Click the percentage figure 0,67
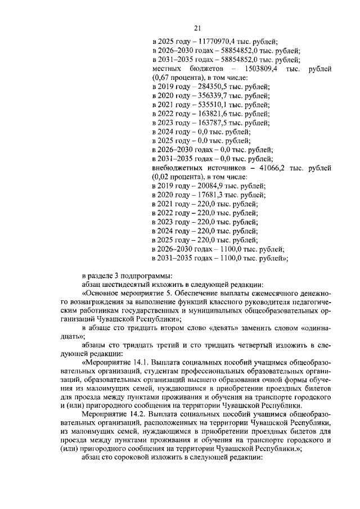[x=162, y=78]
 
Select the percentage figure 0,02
[x=162, y=177]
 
